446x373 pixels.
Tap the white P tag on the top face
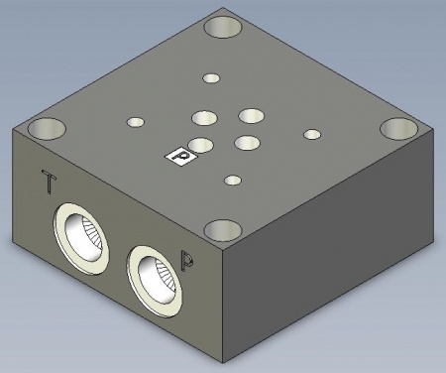(x=179, y=156)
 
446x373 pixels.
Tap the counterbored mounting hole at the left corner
(x=46, y=128)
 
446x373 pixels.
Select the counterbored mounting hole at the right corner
(x=396, y=130)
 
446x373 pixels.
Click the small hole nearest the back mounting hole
(x=210, y=77)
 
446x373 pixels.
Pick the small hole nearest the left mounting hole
(x=136, y=122)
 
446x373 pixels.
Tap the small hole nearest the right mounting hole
(x=312, y=134)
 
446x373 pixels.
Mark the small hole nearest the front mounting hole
(x=233, y=181)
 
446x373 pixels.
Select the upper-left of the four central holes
(x=205, y=117)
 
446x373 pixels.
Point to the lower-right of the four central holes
(x=247, y=143)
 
